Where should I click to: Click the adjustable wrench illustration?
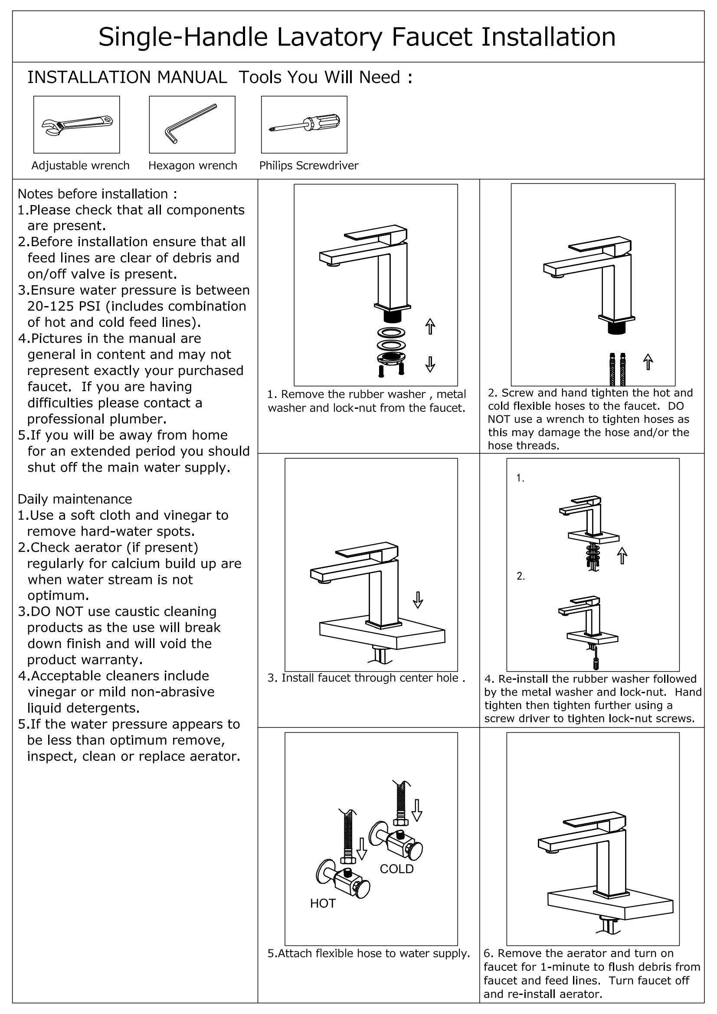click(x=77, y=125)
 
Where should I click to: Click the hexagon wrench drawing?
click(x=190, y=124)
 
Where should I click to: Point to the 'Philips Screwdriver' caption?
click(x=308, y=166)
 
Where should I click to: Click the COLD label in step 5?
click(x=396, y=869)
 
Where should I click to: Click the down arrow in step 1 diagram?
click(x=430, y=363)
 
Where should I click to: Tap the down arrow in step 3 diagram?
click(x=417, y=599)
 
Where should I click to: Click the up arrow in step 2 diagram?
click(x=648, y=361)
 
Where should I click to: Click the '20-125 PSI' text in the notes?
click(x=64, y=306)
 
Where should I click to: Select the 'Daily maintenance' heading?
click(x=75, y=499)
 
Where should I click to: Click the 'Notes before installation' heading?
click(x=97, y=194)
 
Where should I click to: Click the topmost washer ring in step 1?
click(x=391, y=332)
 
